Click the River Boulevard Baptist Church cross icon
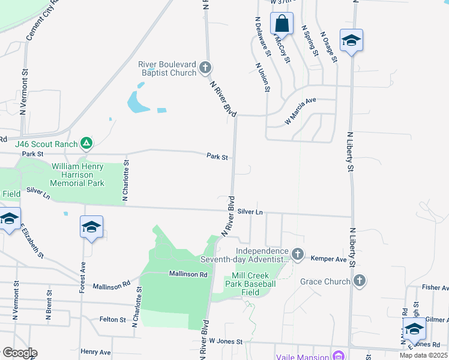point(205,68)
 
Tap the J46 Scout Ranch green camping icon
point(87,143)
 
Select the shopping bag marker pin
point(282,24)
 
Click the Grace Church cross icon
point(359,281)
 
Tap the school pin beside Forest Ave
point(91,227)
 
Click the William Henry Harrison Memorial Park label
point(78,175)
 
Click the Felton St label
point(112,319)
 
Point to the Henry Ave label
point(95,352)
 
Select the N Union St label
point(263,77)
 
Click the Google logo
point(19,353)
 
